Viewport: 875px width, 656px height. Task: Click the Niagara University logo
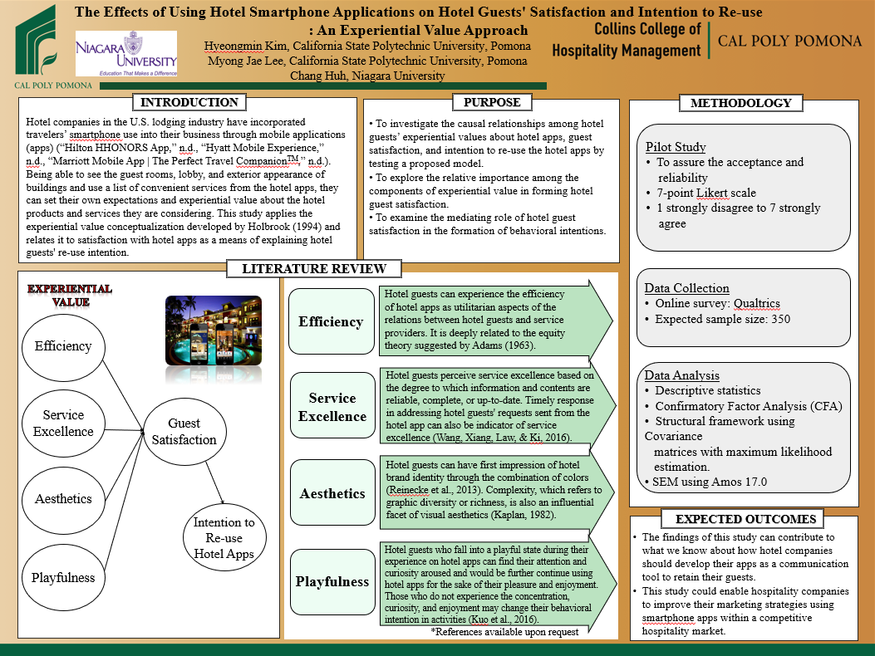pyautogui.click(x=126, y=54)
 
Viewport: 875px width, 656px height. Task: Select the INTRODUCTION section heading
pyautogui.click(x=189, y=103)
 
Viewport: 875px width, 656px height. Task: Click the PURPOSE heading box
pyautogui.click(x=492, y=103)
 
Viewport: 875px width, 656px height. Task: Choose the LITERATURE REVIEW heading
pyautogui.click(x=314, y=269)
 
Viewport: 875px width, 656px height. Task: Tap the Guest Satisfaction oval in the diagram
pyautogui.click(x=184, y=433)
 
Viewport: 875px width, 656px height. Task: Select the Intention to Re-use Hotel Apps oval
pyautogui.click(x=224, y=538)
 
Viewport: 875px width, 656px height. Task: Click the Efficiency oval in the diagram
pyautogui.click(x=63, y=346)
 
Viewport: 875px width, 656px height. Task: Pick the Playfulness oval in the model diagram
pyautogui.click(x=63, y=578)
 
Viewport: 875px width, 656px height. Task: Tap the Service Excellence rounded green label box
pyautogui.click(x=332, y=407)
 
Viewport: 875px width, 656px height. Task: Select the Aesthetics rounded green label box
pyautogui.click(x=332, y=493)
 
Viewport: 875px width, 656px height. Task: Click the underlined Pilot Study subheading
pyautogui.click(x=676, y=147)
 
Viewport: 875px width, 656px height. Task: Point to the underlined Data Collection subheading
pyautogui.click(x=686, y=288)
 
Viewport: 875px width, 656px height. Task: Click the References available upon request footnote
pyautogui.click(x=504, y=632)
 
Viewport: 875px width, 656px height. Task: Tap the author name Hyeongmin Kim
pyautogui.click(x=245, y=46)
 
